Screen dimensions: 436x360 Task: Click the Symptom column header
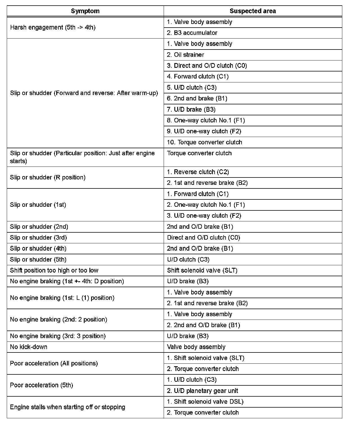[x=85, y=11]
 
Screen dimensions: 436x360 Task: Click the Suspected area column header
[x=253, y=11]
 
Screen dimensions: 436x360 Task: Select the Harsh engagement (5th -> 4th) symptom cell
[x=53, y=27]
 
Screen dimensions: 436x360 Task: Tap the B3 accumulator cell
[x=192, y=33]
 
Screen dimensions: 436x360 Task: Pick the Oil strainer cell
[x=185, y=55]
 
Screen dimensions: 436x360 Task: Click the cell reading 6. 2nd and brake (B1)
[x=197, y=98]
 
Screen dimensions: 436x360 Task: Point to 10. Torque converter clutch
[x=204, y=142]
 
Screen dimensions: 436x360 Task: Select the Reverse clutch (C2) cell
[x=198, y=172]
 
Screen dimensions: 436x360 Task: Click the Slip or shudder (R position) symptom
[x=48, y=177]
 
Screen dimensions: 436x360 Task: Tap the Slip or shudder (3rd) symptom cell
[x=39, y=237]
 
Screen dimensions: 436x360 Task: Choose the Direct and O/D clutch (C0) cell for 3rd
[x=204, y=237]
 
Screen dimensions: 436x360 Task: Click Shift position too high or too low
[x=54, y=270]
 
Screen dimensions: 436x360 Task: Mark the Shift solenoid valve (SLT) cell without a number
[x=202, y=270]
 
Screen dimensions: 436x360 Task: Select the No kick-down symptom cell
[x=29, y=347]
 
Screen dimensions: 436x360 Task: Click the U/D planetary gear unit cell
[x=202, y=391]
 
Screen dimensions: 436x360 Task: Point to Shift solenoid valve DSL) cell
[x=205, y=401]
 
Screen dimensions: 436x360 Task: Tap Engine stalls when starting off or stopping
[x=67, y=407]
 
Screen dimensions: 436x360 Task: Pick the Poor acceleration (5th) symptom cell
[x=42, y=385]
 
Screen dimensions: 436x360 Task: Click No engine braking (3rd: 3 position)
[x=58, y=336]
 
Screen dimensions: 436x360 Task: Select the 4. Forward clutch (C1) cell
[x=198, y=77]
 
